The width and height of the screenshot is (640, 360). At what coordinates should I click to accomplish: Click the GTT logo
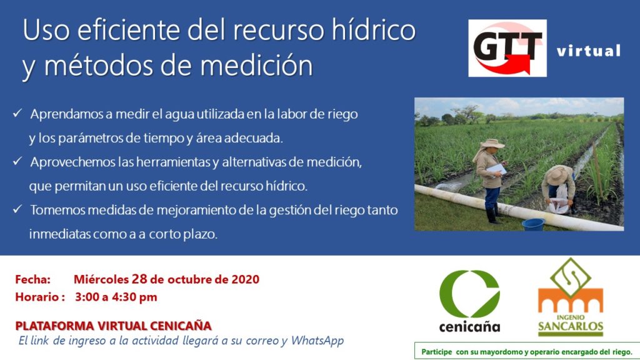click(x=507, y=47)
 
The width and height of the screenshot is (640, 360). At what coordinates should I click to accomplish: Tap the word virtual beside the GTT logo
click(x=589, y=51)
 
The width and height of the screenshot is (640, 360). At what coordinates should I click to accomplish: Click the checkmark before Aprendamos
click(x=17, y=113)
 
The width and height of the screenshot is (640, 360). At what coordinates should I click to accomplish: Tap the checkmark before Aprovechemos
click(x=17, y=161)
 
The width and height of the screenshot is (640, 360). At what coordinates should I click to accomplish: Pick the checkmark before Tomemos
click(x=17, y=209)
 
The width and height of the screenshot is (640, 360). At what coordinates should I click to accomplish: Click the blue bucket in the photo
click(x=533, y=224)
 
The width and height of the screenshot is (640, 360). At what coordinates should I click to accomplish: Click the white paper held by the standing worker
click(x=497, y=169)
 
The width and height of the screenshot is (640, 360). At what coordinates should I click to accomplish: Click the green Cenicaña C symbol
click(x=469, y=294)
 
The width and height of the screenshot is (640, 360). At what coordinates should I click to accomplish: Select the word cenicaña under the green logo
click(x=469, y=326)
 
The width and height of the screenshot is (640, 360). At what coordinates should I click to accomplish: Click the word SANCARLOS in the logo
click(x=571, y=326)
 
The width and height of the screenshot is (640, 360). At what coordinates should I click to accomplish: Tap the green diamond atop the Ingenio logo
click(x=571, y=278)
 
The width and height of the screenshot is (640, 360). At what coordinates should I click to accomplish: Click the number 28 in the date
click(x=139, y=279)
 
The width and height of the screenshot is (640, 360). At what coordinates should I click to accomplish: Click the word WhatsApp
click(x=317, y=341)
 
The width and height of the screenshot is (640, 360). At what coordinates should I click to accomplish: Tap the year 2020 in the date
click(x=245, y=279)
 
